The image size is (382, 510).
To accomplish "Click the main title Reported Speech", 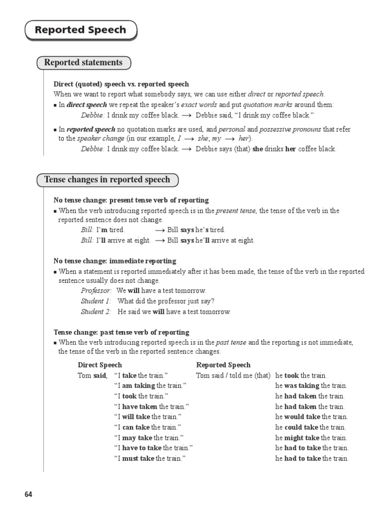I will pos(81,30).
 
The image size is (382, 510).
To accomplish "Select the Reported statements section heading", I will pos(83,63).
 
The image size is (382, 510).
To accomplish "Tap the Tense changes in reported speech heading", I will pos(107,180).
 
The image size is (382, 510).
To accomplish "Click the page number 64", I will pos(28,495).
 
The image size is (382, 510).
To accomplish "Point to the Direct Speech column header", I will pos(100,365).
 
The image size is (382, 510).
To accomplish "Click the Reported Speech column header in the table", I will pos(223,365).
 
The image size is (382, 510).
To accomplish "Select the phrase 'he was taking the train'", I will pos(311,386).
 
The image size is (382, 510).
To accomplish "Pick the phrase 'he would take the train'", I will pos(311,417).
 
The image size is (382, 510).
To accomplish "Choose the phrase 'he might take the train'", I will pos(311,438).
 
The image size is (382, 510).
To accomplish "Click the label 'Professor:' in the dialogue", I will pos(96,291).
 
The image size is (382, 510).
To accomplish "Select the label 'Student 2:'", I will pos(96,312).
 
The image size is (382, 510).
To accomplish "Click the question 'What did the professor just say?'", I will pos(166,301).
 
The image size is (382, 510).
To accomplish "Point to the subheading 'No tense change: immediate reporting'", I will pos(115,261).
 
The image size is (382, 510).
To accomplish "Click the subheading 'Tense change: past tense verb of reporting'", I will pos(121,332).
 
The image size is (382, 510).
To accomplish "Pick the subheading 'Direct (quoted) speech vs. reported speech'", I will pos(121,84).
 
